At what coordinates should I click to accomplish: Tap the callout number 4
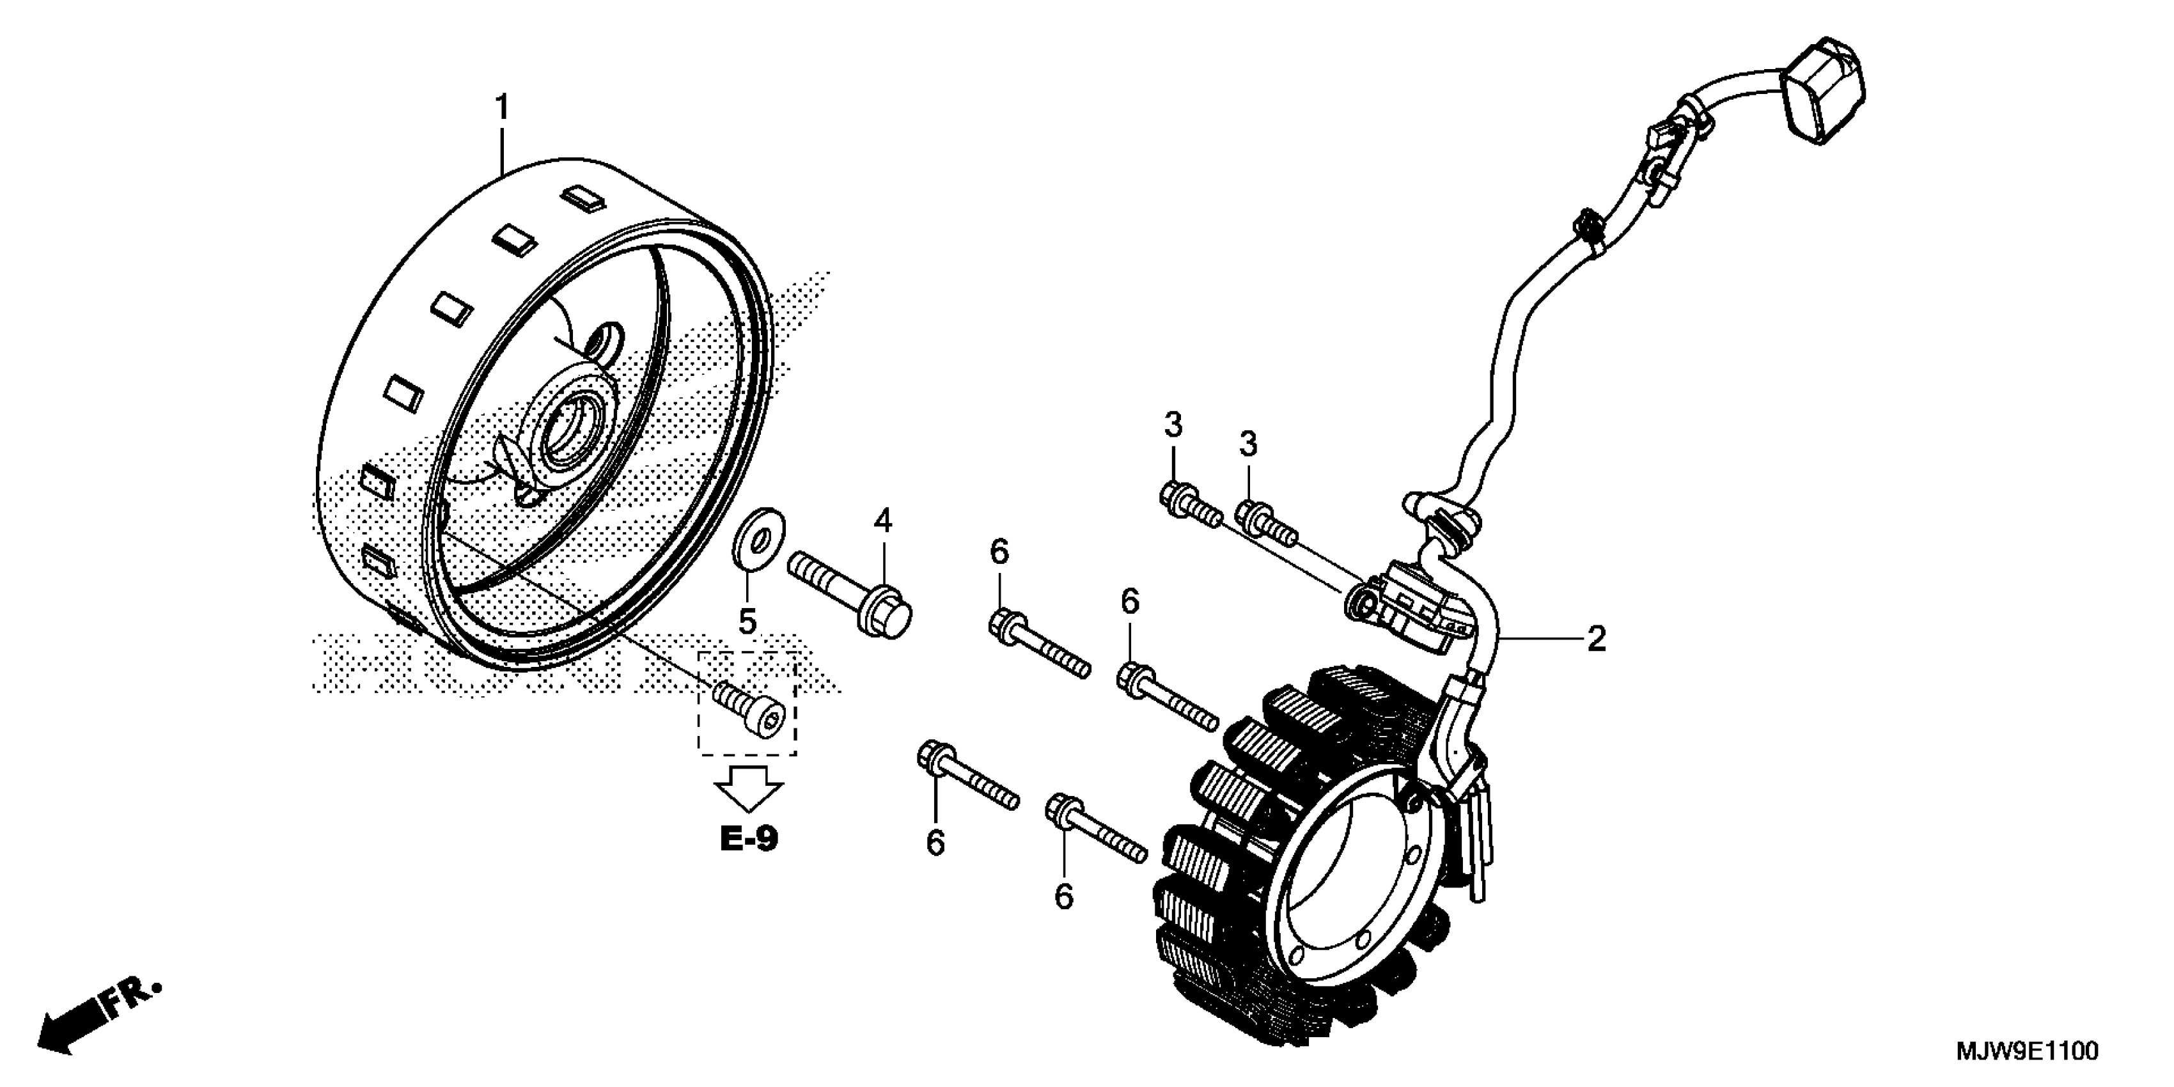click(x=883, y=520)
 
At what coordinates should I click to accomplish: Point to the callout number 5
click(x=747, y=622)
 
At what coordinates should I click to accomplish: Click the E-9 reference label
click(x=749, y=839)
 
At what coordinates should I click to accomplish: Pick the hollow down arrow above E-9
click(x=749, y=787)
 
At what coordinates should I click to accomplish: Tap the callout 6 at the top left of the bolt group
click(x=999, y=553)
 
